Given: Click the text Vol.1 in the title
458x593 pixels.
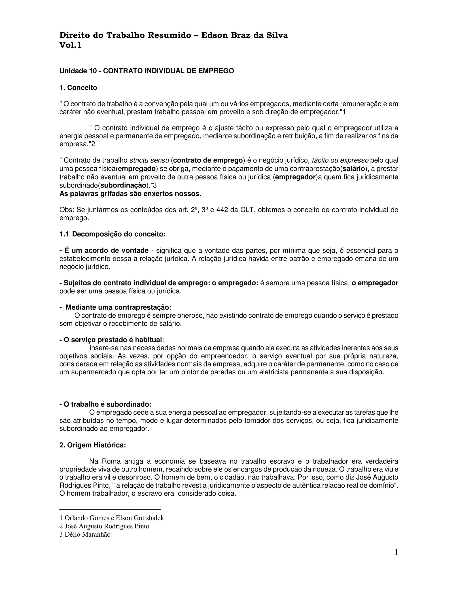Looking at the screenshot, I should pyautogui.click(x=70, y=45).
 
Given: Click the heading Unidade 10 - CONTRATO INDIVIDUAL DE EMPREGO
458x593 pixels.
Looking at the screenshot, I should pyautogui.click(x=146, y=71).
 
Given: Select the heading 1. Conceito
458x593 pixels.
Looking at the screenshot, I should pyautogui.click(x=78, y=88).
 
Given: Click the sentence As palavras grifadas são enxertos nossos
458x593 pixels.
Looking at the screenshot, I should pyautogui.click(x=130, y=194).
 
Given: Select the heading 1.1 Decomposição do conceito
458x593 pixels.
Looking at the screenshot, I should pyautogui.click(x=112, y=234).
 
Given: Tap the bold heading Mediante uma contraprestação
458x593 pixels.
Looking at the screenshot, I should pyautogui.click(x=118, y=307).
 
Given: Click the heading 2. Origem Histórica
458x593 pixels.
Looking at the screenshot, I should pyautogui.click(x=93, y=445).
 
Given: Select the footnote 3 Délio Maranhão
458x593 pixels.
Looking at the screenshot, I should pyautogui.click(x=85, y=535).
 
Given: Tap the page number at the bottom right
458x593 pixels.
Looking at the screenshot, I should pyautogui.click(x=396, y=552).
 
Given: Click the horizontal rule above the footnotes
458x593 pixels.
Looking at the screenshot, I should pyautogui.click(x=110, y=510).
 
